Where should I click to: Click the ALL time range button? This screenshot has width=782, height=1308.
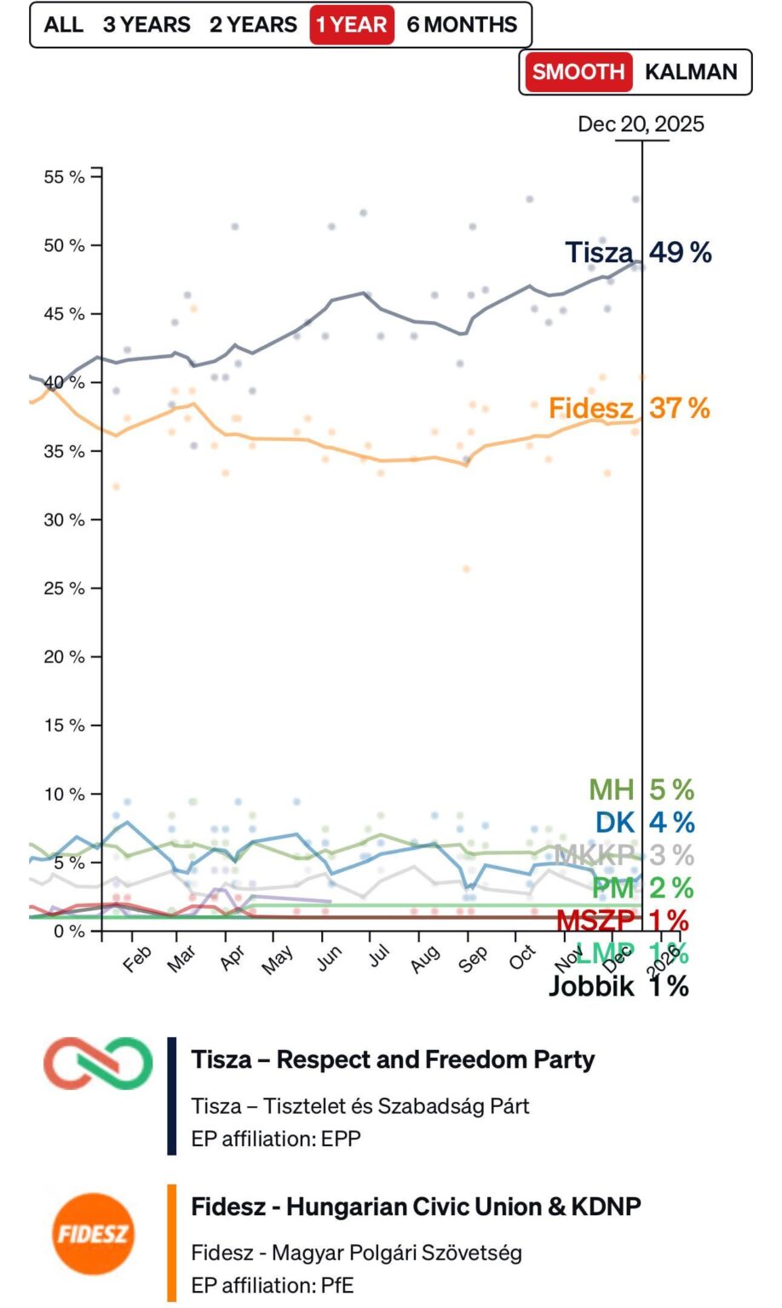point(63,25)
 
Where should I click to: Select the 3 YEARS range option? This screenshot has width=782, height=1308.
point(147,25)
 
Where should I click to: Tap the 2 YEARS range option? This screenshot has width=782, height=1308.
point(253,25)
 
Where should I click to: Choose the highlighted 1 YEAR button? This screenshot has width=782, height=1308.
point(351,25)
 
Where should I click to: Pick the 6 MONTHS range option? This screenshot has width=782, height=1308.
point(462,25)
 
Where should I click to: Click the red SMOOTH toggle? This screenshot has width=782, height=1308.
point(578,72)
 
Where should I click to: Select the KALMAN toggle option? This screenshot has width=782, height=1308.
point(691,72)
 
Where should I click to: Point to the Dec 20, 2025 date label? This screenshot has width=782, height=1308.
point(641,124)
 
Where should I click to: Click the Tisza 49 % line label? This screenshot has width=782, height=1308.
point(638,252)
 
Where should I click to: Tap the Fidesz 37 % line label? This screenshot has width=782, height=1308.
point(629,408)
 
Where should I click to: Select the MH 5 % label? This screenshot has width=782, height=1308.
point(641,789)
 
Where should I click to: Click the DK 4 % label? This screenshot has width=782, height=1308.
point(645,822)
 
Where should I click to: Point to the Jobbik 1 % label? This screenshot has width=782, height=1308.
point(618,986)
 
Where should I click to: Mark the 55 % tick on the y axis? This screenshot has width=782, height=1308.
point(65,177)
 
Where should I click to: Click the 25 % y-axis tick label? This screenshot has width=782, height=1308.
point(65,588)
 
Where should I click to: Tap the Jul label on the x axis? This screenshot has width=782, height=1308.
point(377,955)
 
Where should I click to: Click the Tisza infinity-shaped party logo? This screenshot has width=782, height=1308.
point(98,1064)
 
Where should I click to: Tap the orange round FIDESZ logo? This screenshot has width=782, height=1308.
point(92,1234)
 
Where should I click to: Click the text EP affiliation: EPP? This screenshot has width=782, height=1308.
point(276,1139)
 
